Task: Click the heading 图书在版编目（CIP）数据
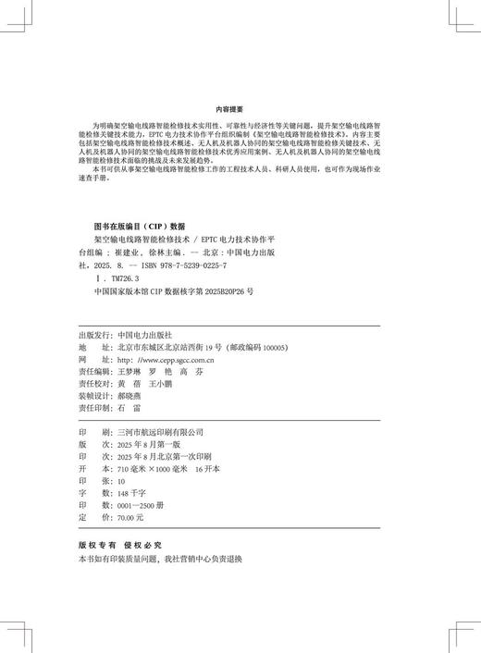pyautogui.click(x=140, y=226)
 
